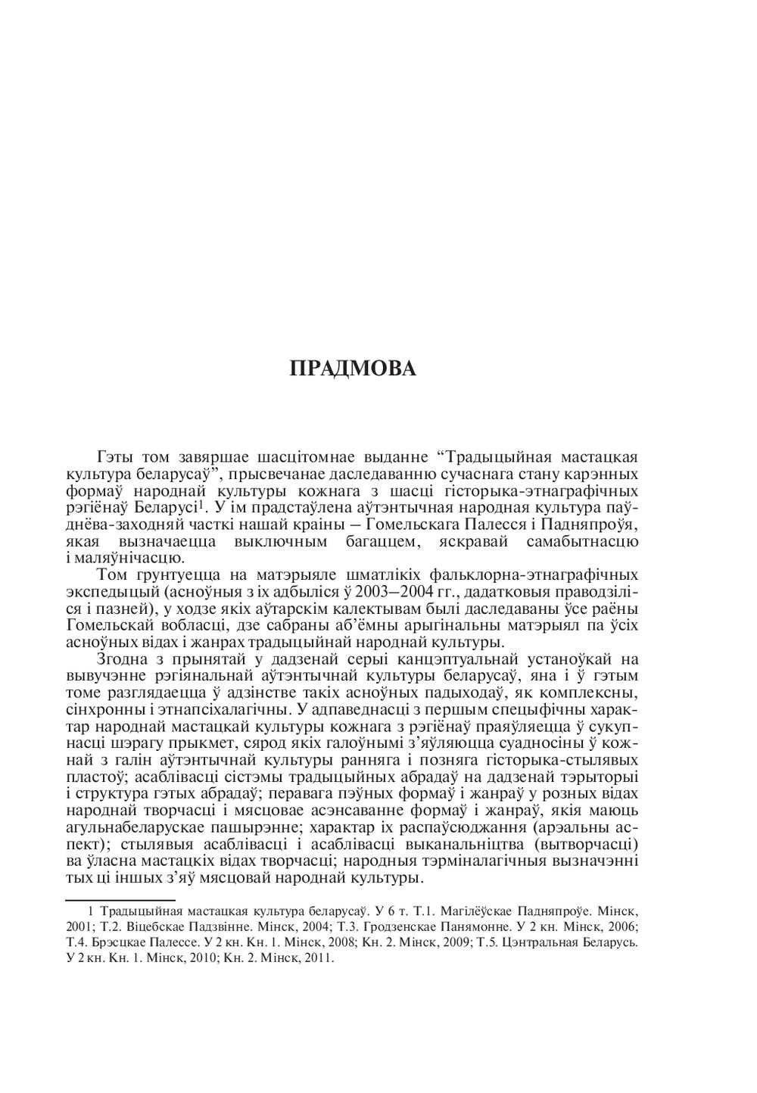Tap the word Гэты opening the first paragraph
117,458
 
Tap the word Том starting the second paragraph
114,576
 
